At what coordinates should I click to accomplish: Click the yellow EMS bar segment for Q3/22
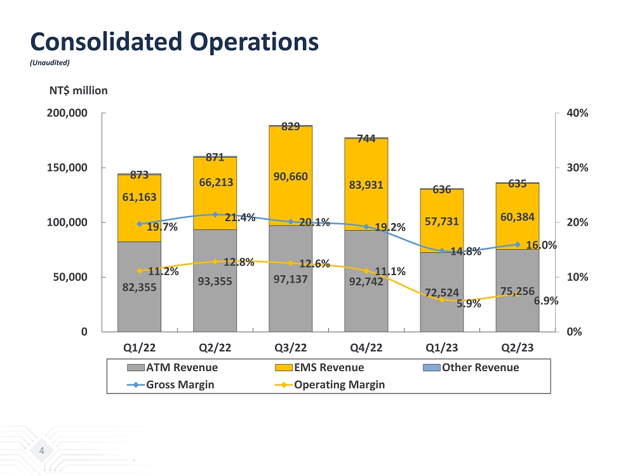[290, 153]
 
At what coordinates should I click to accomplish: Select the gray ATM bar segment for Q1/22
[139, 305]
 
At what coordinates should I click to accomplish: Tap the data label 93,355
[215, 282]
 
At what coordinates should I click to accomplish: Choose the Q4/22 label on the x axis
[366, 348]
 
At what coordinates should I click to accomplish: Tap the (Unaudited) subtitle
[50, 62]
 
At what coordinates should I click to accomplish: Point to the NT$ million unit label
[78, 90]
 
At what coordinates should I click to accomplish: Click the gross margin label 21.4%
[240, 217]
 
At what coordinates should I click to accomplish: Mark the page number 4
[41, 451]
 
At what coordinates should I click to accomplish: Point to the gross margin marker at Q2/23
[518, 245]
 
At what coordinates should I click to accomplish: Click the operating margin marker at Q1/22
[139, 271]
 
